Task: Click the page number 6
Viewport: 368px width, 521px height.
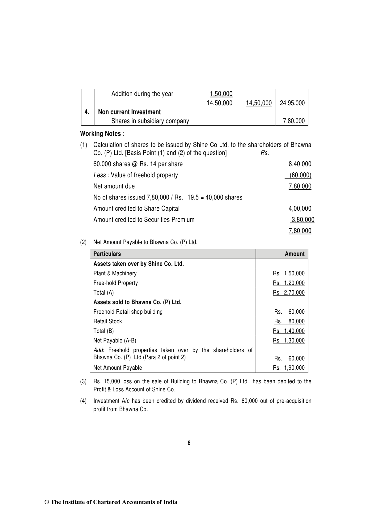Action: coord(189,443)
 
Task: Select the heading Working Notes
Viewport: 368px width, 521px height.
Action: coord(102,134)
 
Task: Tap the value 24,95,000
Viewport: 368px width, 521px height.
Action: coord(292,103)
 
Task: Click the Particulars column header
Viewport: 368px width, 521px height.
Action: coord(107,254)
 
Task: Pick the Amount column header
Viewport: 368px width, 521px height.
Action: coord(294,254)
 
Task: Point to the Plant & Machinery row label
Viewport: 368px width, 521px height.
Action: coord(115,273)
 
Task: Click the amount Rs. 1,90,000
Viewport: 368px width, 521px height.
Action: coord(289,368)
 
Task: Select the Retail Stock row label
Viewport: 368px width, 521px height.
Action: coord(108,321)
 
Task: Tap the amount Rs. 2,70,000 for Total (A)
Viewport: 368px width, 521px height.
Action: coord(289,292)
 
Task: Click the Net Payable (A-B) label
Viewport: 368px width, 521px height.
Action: coord(115,340)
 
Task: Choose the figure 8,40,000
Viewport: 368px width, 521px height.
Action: coord(300,164)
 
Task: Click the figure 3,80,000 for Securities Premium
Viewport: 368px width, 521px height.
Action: coord(303,220)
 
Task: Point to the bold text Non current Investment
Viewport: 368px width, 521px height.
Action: coord(129,112)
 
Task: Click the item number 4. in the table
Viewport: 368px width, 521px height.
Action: coord(87,112)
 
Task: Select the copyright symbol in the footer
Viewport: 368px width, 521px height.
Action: coord(47,502)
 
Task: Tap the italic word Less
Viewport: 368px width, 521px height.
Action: coord(99,175)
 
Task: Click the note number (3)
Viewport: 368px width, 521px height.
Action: coord(83,381)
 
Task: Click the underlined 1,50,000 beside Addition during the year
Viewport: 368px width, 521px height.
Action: coord(221,94)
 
